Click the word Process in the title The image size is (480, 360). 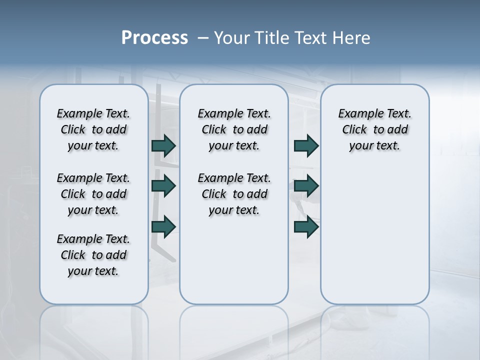coord(154,38)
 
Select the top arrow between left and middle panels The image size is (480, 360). coord(163,145)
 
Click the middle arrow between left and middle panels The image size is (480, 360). coord(163,186)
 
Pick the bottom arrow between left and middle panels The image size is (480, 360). coord(163,226)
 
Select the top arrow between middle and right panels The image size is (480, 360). coord(306,145)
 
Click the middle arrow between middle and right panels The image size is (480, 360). coord(306,186)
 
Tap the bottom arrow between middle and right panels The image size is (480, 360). coord(306,226)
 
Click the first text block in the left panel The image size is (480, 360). coord(93,129)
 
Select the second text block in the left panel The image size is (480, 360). coord(93,194)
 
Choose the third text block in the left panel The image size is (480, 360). coord(93,255)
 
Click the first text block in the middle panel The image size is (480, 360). coord(234,129)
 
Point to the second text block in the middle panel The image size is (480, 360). coord(234,194)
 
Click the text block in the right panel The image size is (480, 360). coord(374,129)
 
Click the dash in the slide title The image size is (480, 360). coord(203,38)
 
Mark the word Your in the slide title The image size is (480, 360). coord(232,38)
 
